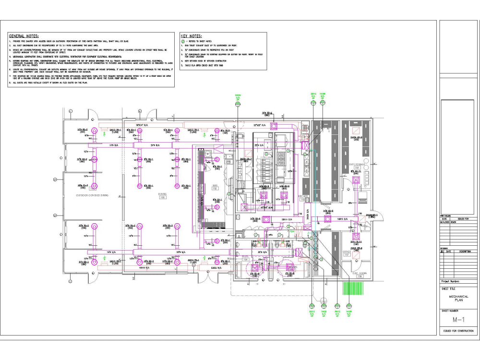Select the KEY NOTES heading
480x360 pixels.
(191, 36)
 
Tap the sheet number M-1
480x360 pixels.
(458, 320)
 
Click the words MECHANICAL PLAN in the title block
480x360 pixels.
(458, 298)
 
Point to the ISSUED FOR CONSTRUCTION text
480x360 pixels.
(458, 331)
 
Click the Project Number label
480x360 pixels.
(450, 282)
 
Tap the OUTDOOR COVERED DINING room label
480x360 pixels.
(95, 195)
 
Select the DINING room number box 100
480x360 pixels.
(162, 198)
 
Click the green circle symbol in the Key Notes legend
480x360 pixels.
(183, 42)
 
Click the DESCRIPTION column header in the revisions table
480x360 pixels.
(465, 251)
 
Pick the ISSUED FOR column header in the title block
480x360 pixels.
(463, 218)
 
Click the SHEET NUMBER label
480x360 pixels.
(449, 311)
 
